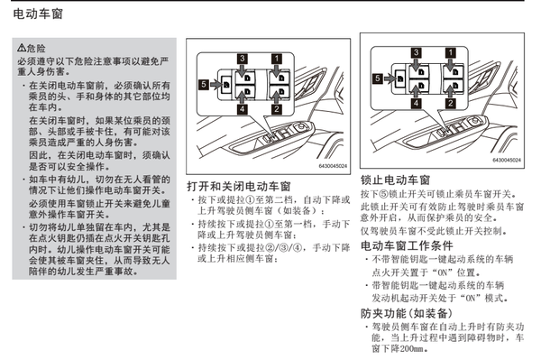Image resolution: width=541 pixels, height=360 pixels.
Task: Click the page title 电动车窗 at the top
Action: pyautogui.click(x=38, y=14)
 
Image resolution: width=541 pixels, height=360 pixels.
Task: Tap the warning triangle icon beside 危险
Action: pyautogui.click(x=21, y=47)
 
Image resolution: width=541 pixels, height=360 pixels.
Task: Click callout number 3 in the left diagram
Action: pyautogui.click(x=243, y=59)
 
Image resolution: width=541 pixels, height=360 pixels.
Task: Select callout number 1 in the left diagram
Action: pyautogui.click(x=277, y=59)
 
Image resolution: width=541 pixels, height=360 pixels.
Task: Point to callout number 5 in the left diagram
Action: pyautogui.click(x=204, y=84)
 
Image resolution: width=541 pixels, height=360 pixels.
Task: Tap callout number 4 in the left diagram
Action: pyautogui.click(x=243, y=109)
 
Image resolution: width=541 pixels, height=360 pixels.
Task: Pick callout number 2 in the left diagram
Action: pyautogui.click(x=277, y=109)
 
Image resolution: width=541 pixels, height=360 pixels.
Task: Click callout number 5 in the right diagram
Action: pyautogui.click(x=378, y=78)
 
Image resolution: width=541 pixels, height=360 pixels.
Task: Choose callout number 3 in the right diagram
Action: pyautogui.click(x=416, y=52)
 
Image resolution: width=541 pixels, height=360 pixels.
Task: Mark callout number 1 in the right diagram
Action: pyautogui.click(x=450, y=52)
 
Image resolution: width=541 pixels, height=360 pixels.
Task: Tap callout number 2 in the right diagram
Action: pyautogui.click(x=450, y=103)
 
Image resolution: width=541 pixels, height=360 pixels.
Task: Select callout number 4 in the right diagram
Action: pyautogui.click(x=416, y=103)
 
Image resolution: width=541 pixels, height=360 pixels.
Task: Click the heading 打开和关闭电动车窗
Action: pyautogui.click(x=239, y=187)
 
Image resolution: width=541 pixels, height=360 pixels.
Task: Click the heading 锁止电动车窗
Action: pyautogui.click(x=396, y=180)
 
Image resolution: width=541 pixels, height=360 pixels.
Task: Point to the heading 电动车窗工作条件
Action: pyautogui.click(x=407, y=245)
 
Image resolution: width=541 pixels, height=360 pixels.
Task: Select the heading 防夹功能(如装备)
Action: pyautogui.click(x=407, y=313)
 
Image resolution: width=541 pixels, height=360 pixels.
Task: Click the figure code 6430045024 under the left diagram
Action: pyautogui.click(x=333, y=166)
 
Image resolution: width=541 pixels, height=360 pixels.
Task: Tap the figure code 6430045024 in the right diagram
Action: pyautogui.click(x=507, y=161)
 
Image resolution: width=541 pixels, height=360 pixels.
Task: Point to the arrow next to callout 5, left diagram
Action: pyautogui.click(x=215, y=84)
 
